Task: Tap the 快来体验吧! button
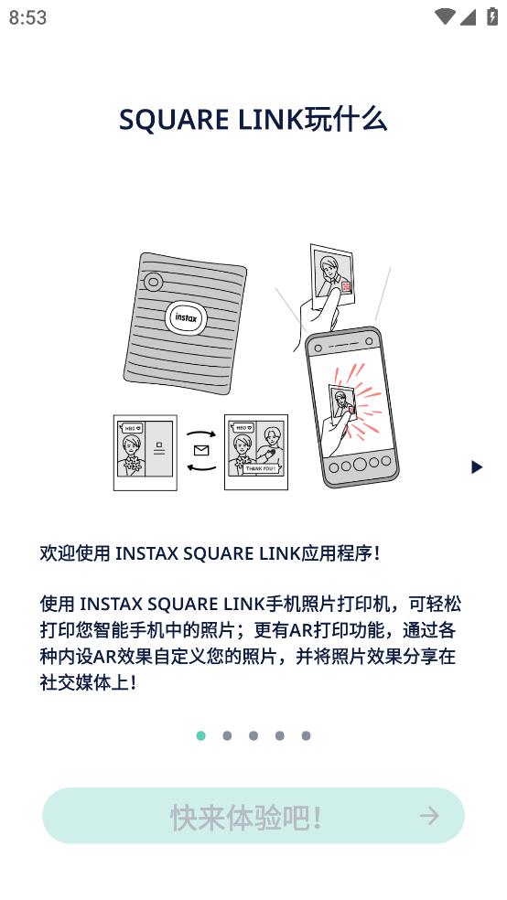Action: pos(253,816)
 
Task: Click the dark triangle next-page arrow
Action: pos(477,467)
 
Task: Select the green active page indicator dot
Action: pos(201,736)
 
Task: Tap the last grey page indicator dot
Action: pos(306,736)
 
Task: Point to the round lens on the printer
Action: pos(153,282)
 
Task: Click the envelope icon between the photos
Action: pos(201,451)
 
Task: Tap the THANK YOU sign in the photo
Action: pos(261,468)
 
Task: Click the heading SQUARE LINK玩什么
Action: pos(253,120)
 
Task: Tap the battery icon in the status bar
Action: pos(492,16)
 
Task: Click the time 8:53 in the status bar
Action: pos(27,17)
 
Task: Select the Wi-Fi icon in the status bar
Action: pos(445,16)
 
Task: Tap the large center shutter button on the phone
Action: pos(360,464)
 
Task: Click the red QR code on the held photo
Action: pos(346,287)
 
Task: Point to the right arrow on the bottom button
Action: pos(429,816)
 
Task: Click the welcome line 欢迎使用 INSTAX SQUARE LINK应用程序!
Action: pos(210,553)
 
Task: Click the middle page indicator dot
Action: pos(253,736)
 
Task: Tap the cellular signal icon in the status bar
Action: pos(468,17)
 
